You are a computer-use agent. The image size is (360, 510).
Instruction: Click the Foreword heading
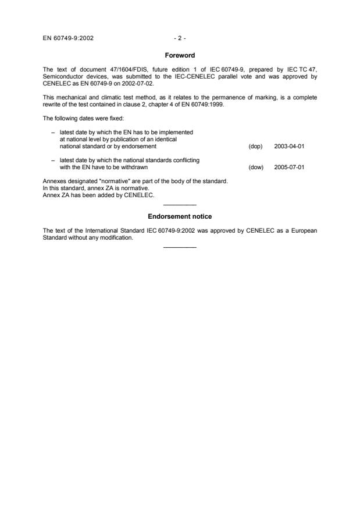pyautogui.click(x=180, y=56)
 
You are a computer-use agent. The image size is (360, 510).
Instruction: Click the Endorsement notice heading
pyautogui.click(x=180, y=216)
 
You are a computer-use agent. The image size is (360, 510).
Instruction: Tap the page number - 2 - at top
pyautogui.click(x=180, y=38)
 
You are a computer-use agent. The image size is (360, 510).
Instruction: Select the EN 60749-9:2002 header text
pyautogui.click(x=69, y=38)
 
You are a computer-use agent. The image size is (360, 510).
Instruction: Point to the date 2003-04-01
pyautogui.click(x=289, y=147)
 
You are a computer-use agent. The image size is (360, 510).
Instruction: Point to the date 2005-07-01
pyautogui.click(x=289, y=167)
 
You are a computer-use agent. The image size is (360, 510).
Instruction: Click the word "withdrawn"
pyautogui.click(x=128, y=167)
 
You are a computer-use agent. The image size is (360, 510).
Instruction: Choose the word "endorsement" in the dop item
pyautogui.click(x=140, y=147)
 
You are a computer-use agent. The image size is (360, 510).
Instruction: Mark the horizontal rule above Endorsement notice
pyautogui.click(x=180, y=205)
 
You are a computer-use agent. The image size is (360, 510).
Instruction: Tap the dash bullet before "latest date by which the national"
pyautogui.click(x=53, y=160)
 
